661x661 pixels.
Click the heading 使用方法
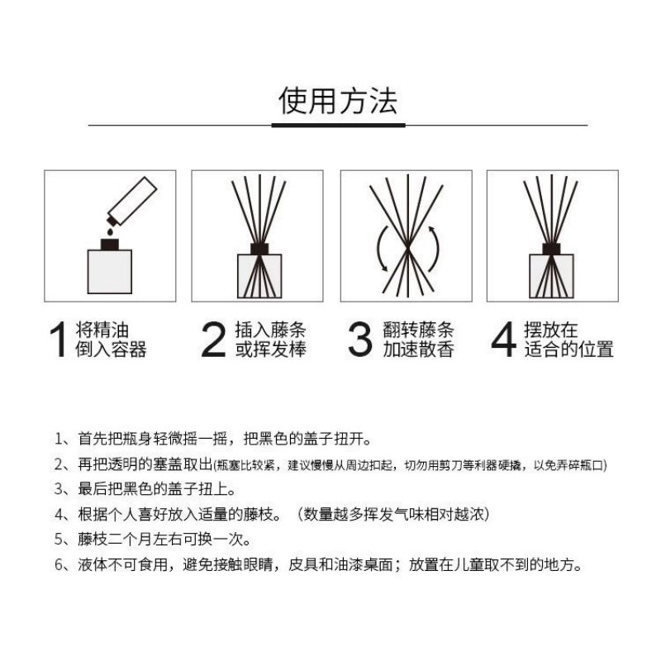pyautogui.click(x=338, y=101)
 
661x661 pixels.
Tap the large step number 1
pyautogui.click(x=58, y=340)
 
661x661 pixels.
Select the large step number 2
pyautogui.click(x=213, y=340)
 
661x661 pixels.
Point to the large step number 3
pyautogui.click(x=360, y=340)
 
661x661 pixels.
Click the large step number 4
pyautogui.click(x=504, y=340)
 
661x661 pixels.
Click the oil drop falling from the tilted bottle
pyautogui.click(x=111, y=231)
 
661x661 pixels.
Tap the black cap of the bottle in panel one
pyautogui.click(x=110, y=245)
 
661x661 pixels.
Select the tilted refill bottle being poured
pyautogui.click(x=132, y=202)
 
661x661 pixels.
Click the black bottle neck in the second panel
pyautogui.click(x=259, y=249)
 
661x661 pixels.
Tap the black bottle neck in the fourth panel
pyautogui.click(x=551, y=249)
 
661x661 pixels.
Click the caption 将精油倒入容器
pyautogui.click(x=111, y=340)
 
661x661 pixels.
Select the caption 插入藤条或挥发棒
pyautogui.click(x=271, y=340)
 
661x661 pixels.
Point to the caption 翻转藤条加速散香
pyautogui.click(x=418, y=340)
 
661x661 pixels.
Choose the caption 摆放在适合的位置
pyautogui.click(x=568, y=340)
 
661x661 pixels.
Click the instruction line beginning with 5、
pyautogui.click(x=153, y=540)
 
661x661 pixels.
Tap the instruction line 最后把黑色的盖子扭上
pyautogui.click(x=145, y=489)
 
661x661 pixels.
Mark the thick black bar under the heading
pyautogui.click(x=338, y=126)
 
